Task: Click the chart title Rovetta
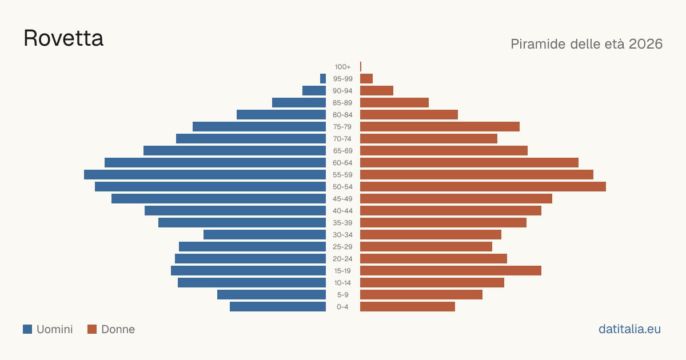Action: point(63,38)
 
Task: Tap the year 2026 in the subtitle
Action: point(645,44)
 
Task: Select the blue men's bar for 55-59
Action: point(205,174)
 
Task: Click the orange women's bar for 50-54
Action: point(483,187)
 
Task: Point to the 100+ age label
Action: point(342,67)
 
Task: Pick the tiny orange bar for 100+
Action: point(361,67)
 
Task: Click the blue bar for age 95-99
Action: point(323,79)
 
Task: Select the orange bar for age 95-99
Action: point(366,79)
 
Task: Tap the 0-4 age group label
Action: point(342,307)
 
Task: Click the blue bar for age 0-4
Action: point(278,307)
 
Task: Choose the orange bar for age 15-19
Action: point(451,271)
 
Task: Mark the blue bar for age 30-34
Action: point(265,235)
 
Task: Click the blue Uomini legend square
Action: point(27,329)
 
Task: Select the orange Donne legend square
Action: point(92,329)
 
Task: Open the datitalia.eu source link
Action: point(629,329)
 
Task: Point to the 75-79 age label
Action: point(342,127)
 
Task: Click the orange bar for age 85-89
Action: point(394,102)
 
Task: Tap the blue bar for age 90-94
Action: point(314,91)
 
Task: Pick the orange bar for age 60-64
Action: point(469,162)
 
